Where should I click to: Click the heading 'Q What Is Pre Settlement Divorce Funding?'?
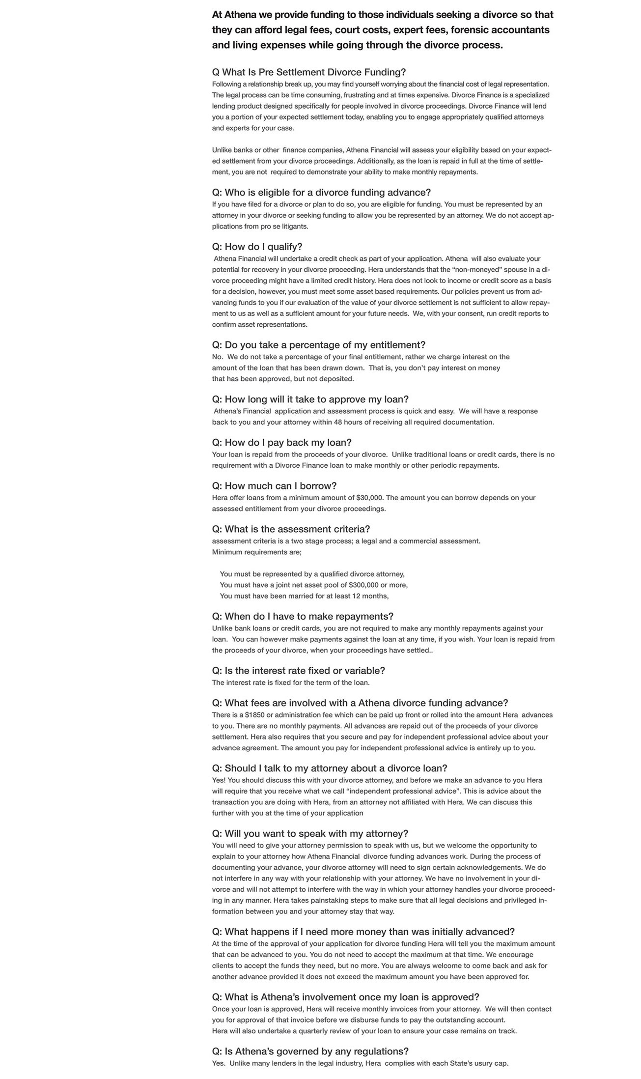pyautogui.click(x=308, y=72)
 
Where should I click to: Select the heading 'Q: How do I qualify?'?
pyautogui.click(x=257, y=247)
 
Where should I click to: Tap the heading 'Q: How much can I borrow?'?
pyautogui.click(x=274, y=486)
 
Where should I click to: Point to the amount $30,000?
pyautogui.click(x=370, y=498)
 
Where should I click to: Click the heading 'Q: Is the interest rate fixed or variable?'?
pyautogui.click(x=298, y=671)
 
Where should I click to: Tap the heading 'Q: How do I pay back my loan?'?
pyautogui.click(x=281, y=443)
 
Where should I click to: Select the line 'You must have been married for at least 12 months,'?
pyautogui.click(x=304, y=596)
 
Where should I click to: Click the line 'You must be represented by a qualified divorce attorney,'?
pyautogui.click(x=312, y=574)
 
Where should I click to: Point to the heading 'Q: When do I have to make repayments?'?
pyautogui.click(x=303, y=617)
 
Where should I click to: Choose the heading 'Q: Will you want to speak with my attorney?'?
pyautogui.click(x=310, y=834)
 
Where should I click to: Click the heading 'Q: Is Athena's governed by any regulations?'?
pyautogui.click(x=310, y=1051)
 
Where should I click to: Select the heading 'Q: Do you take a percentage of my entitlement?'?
pyautogui.click(x=318, y=345)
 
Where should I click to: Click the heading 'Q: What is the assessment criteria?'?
pyautogui.click(x=291, y=529)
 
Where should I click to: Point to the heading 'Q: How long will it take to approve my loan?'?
pyautogui.click(x=310, y=399)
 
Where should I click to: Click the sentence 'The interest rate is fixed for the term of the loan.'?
pyautogui.click(x=291, y=682)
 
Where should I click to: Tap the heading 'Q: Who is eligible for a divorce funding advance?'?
pyautogui.click(x=321, y=193)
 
